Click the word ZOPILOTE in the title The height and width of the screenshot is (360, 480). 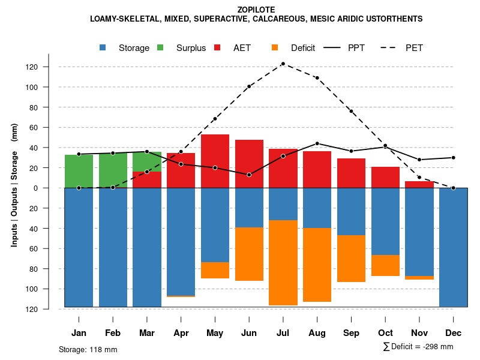tap(256, 10)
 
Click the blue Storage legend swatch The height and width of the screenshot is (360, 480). tap(104, 47)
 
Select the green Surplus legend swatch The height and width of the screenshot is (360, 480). tap(161, 47)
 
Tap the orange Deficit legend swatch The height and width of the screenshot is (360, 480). tap(275, 47)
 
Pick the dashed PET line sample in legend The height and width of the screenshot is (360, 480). tap(390, 47)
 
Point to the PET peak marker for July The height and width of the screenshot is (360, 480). tap(283, 64)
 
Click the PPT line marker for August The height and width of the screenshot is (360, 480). tap(317, 143)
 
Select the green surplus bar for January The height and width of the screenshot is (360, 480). tap(79, 171)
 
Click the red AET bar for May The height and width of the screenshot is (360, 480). tap(215, 161)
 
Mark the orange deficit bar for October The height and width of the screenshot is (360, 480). tap(385, 265)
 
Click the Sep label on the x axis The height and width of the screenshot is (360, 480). tap(351, 333)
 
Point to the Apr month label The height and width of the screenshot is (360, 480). tap(181, 333)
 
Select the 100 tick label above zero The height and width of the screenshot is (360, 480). tap(48, 87)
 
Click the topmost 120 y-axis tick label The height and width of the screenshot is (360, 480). tap(48, 67)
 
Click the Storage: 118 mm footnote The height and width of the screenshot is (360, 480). tap(88, 349)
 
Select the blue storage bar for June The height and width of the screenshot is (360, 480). tap(249, 208)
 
